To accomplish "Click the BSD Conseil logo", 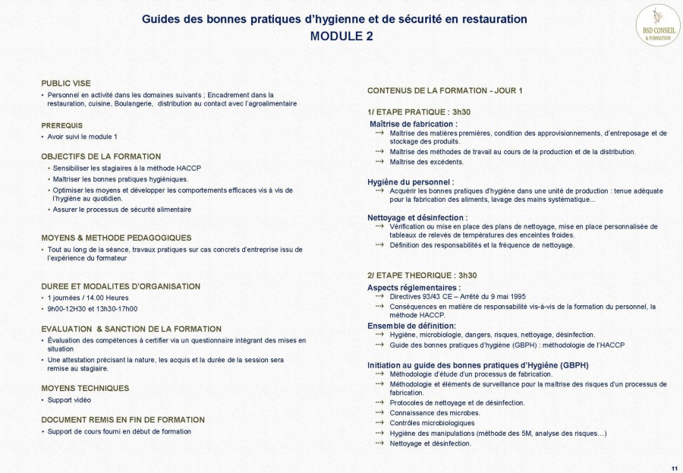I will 657,24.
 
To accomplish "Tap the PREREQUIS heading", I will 62,125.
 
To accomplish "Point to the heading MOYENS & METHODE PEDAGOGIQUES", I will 116,238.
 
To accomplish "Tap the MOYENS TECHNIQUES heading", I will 85,388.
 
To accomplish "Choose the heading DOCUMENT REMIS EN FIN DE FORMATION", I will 123,419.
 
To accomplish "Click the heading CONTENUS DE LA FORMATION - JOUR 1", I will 445,90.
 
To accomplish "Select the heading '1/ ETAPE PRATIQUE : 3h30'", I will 419,112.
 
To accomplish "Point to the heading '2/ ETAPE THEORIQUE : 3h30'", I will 422,275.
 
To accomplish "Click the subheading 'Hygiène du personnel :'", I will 411,181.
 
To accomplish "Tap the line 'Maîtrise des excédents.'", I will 426,162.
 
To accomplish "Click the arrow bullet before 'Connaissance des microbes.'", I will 379,412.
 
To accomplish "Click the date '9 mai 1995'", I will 508,297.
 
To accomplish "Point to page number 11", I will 675,466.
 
